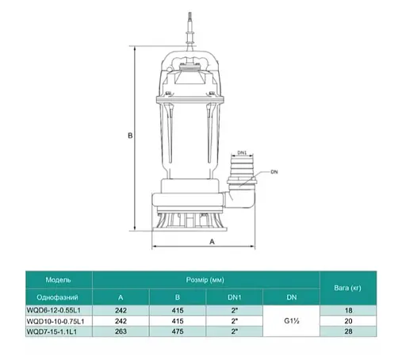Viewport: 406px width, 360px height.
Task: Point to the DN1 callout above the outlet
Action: point(243,151)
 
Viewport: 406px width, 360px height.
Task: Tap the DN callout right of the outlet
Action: point(274,171)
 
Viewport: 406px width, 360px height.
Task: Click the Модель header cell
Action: point(58,279)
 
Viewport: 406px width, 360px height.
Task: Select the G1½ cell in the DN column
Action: point(291,320)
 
